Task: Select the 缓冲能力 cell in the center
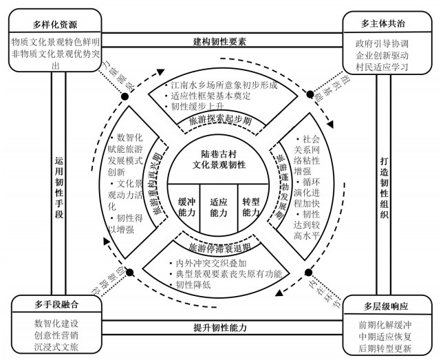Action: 187,207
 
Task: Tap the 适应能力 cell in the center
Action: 219,207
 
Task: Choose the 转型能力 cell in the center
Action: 251,207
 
